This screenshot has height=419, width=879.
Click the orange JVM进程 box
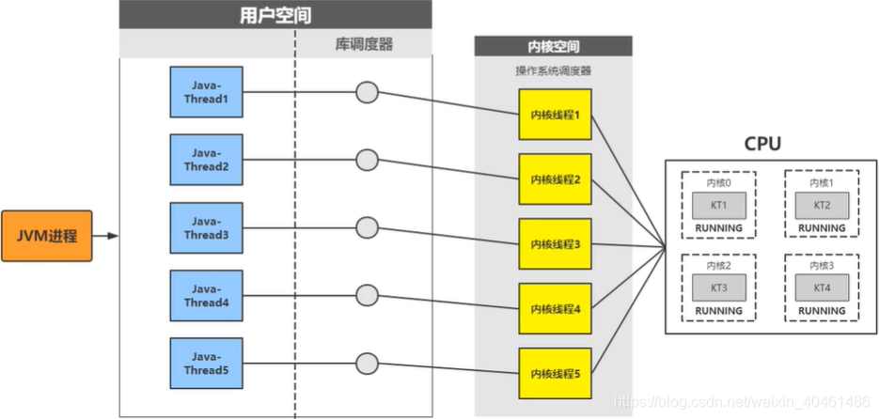point(46,236)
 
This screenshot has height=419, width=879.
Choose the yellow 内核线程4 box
point(555,309)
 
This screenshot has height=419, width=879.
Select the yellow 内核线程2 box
point(555,179)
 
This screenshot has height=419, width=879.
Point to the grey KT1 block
point(718,206)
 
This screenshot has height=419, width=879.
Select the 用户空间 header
point(275,15)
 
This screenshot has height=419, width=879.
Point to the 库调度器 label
point(363,44)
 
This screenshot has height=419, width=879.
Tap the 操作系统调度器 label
point(554,70)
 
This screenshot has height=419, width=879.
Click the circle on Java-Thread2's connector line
point(367,160)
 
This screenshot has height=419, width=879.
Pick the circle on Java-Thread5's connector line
point(367,362)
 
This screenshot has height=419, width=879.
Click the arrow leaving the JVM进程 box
point(105,236)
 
